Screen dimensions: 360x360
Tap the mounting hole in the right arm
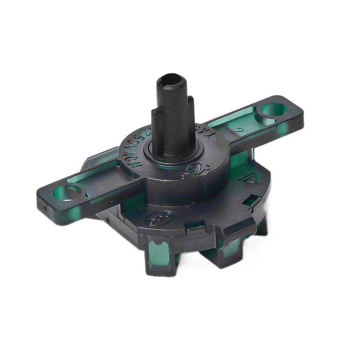[275, 110]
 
